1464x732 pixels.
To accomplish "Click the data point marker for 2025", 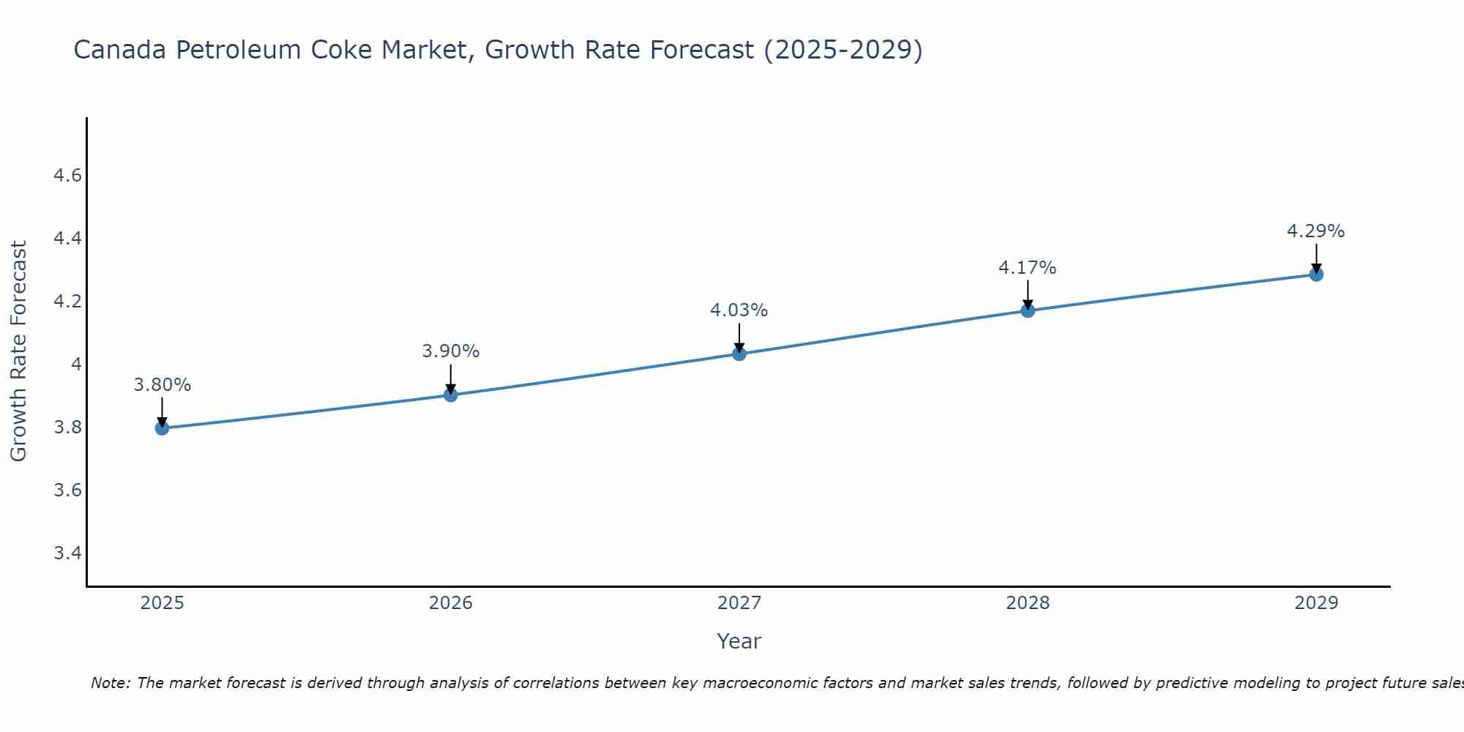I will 163,428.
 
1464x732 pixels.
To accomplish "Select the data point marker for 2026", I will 451,395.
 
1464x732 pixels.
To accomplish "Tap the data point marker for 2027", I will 739,354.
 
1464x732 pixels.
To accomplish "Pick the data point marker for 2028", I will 1028,310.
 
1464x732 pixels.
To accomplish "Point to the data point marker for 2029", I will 1316,274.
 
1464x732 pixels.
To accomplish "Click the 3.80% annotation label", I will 163,385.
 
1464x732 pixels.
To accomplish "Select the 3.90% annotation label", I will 451,351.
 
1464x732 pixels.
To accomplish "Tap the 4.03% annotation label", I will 739,310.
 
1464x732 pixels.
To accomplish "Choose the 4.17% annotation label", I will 1028,268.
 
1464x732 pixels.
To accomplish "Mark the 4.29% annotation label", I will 1316,231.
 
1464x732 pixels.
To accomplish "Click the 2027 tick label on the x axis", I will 739,603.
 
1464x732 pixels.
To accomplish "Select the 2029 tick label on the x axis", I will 1316,603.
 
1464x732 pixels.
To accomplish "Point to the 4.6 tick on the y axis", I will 67,176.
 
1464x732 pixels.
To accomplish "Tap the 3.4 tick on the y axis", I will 67,553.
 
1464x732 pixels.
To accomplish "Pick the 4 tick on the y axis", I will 75,365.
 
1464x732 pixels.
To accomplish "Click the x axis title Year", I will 739,641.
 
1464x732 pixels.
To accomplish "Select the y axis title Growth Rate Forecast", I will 18,351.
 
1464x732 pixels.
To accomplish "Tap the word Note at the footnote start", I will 110,683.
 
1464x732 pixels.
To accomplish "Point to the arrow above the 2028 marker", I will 1028,295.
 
